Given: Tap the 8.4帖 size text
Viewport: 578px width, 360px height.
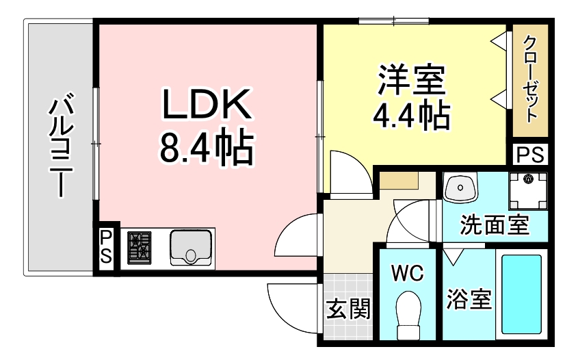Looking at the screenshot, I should pos(206,146).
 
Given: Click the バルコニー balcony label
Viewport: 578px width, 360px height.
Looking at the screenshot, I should pos(61,146).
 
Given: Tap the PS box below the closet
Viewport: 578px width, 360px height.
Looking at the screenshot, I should pos(530,155).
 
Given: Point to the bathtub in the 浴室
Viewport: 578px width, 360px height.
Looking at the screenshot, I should pos(522,294).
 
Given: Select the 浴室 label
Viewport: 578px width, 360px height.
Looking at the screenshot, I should pos(470,298).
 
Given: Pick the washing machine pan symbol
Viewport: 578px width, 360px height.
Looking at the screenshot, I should pos(527,191).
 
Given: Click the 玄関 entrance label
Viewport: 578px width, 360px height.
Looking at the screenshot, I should pos(348,310).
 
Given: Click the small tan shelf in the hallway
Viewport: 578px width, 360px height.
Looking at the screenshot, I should pos(398,182).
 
